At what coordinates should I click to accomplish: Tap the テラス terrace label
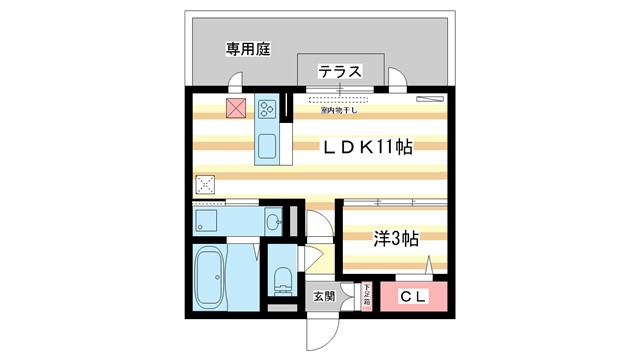coord(340,71)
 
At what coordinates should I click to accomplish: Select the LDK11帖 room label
coord(368,146)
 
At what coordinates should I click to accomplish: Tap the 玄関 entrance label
coord(323,297)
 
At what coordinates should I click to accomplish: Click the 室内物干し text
coord(340,111)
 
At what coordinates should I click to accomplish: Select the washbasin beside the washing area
coord(273,219)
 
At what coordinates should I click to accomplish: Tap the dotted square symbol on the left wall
coord(205,185)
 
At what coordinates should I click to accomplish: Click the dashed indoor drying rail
coord(340,100)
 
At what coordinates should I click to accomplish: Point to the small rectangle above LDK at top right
coord(429,98)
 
